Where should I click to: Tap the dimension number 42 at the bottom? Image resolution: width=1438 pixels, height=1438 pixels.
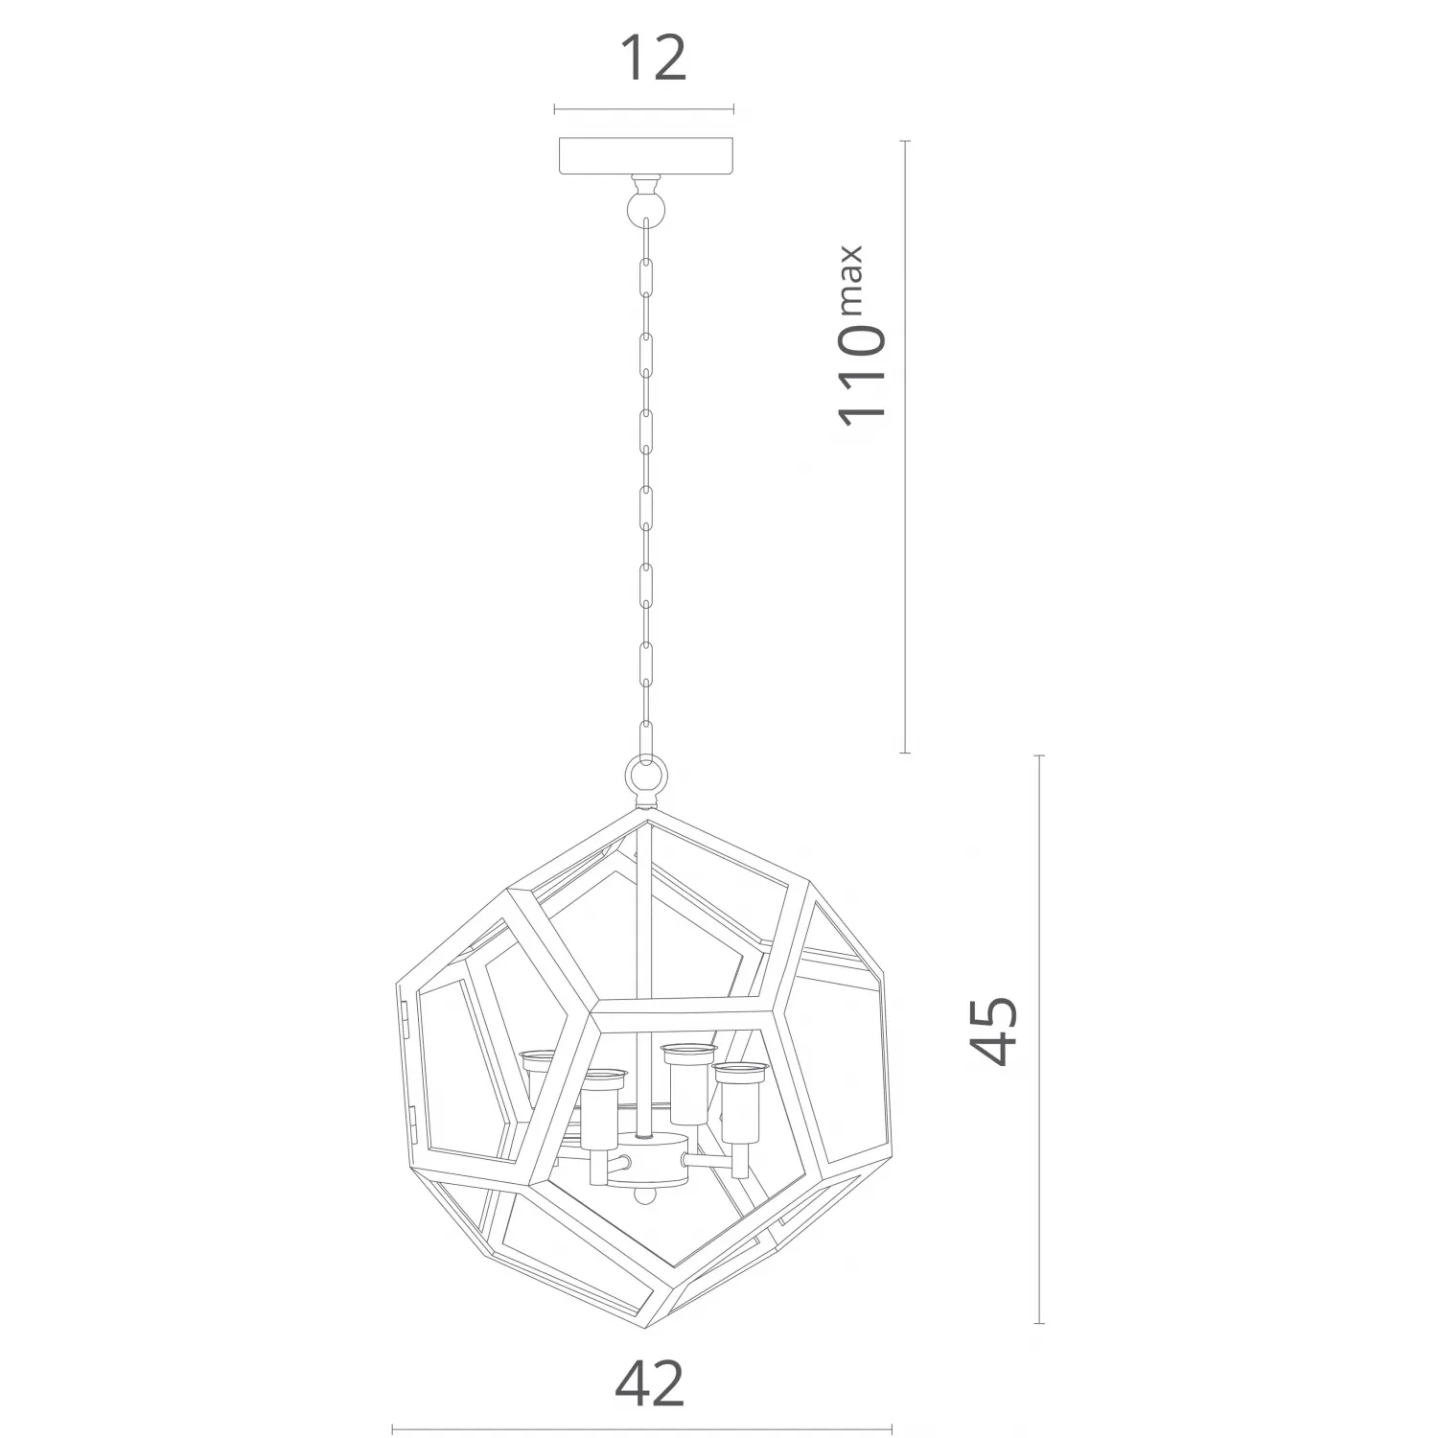[x=650, y=1382]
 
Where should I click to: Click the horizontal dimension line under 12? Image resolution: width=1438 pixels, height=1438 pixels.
[x=643, y=110]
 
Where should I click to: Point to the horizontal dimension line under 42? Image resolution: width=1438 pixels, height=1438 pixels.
[x=643, y=1429]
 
